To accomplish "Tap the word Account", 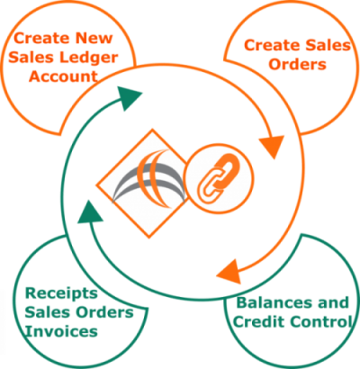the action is (x=63, y=76).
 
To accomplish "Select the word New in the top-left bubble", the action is (x=94, y=38).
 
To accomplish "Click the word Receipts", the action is (x=61, y=294).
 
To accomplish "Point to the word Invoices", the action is (x=61, y=331).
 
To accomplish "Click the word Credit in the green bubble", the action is (x=258, y=322).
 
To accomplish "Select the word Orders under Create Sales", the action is (x=297, y=65).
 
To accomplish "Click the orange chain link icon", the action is (x=218, y=178).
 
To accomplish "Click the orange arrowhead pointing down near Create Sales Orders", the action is (x=273, y=146).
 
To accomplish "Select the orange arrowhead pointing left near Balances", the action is (x=229, y=272).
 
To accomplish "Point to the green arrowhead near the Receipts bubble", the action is (x=89, y=212).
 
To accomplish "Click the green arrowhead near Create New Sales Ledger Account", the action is (x=130, y=97).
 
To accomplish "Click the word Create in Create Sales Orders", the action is (x=273, y=46).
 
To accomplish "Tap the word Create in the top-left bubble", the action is (x=41, y=38).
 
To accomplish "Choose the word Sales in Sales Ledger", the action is (x=32, y=58).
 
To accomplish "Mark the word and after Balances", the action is (x=334, y=302).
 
